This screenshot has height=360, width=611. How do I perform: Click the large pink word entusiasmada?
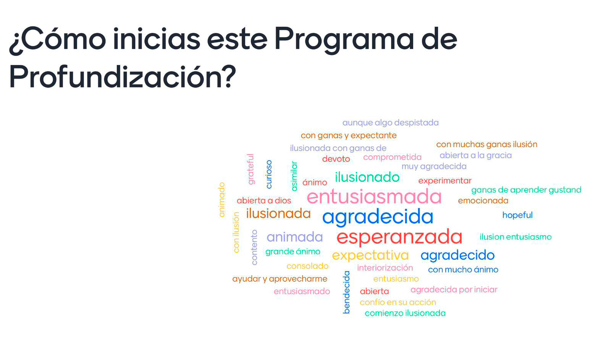point(374,197)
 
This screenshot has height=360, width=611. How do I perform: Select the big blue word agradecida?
point(378,217)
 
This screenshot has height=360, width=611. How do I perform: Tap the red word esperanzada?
point(399,237)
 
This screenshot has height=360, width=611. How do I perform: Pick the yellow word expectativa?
point(370,256)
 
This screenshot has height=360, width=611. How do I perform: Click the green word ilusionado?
point(367,177)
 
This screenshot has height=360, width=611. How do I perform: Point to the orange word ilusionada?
point(278,213)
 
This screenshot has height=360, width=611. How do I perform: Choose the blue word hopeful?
point(517,215)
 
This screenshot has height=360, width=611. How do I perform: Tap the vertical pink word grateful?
point(251,169)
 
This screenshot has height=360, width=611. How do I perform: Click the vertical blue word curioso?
point(269,174)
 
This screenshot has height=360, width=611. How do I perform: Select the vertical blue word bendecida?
point(346,292)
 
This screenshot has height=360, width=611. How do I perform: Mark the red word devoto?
point(336,159)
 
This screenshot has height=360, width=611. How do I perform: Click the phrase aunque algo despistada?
point(391,123)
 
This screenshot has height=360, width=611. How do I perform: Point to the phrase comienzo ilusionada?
point(405,313)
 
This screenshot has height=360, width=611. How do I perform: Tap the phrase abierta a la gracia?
point(475,155)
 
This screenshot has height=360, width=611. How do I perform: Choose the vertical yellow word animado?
point(222,200)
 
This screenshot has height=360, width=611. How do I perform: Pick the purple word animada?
point(294,237)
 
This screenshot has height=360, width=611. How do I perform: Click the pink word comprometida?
point(392,157)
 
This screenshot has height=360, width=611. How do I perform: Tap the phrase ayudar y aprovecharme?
point(280,279)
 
